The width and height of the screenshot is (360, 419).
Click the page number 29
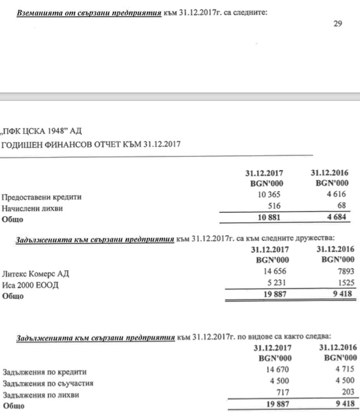coord(337,23)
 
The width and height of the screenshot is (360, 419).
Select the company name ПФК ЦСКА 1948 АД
coord(42,132)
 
